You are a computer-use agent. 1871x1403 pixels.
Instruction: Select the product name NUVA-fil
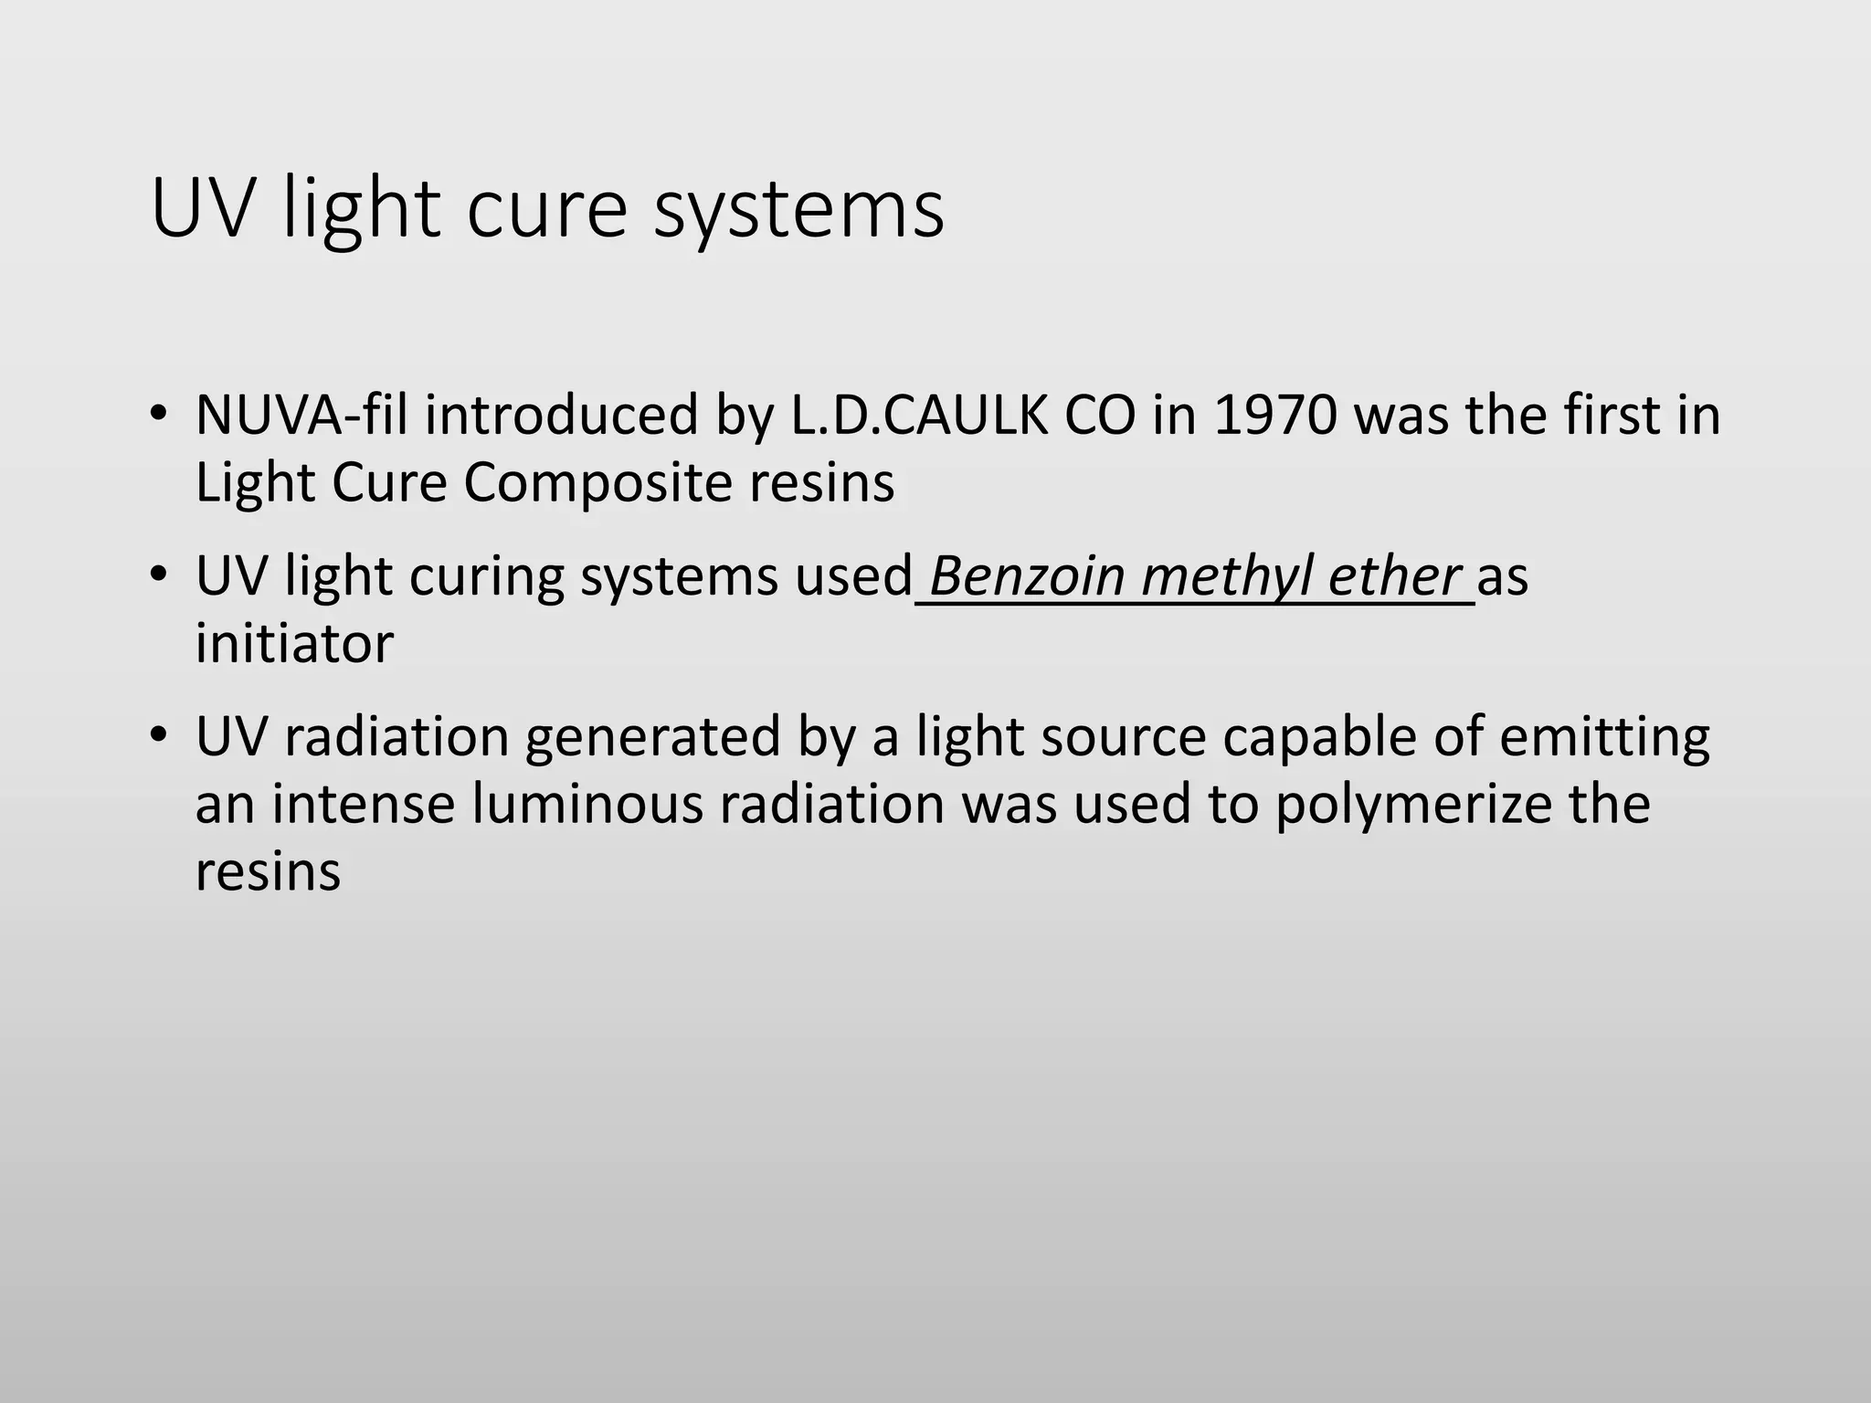click(x=301, y=415)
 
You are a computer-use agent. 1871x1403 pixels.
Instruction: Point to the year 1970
click(x=1275, y=415)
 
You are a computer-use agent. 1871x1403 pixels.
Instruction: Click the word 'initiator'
click(x=294, y=644)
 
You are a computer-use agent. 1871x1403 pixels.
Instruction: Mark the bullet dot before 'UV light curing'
click(x=159, y=575)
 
